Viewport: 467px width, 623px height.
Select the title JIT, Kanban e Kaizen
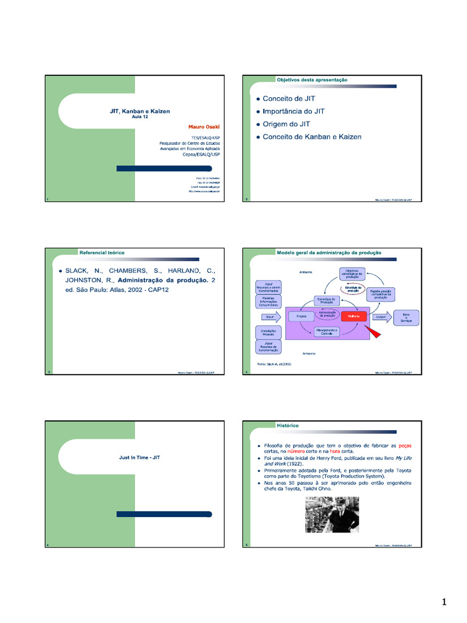(140, 111)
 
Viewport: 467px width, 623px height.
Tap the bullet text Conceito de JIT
(289, 99)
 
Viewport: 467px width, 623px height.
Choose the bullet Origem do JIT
(286, 124)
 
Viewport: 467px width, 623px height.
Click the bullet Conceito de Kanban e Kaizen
(312, 137)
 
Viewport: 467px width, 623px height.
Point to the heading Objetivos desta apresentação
(312, 80)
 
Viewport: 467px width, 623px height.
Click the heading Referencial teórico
(102, 252)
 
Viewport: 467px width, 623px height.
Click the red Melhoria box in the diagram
(354, 316)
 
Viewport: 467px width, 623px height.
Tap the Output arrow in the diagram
(381, 317)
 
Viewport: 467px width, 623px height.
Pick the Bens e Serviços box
(406, 317)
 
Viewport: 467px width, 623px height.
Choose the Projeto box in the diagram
(300, 317)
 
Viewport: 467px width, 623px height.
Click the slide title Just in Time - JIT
(140, 457)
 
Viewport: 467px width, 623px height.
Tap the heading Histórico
(288, 425)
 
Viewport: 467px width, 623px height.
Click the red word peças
(404, 446)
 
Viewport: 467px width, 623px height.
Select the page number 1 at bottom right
(444, 602)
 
